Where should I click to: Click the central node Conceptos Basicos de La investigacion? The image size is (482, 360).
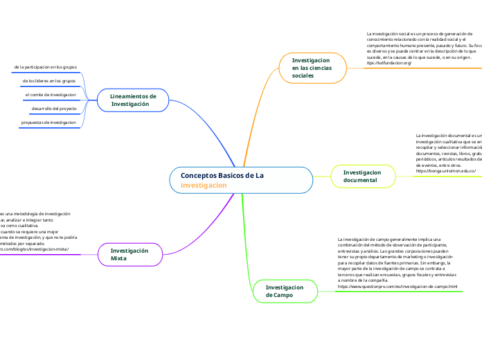point(240,180)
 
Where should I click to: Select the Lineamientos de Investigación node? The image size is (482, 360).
point(133,100)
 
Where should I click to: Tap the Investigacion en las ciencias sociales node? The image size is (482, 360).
point(312,68)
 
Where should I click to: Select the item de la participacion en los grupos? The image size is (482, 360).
point(45,67)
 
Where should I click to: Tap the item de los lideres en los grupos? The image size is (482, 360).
point(49,81)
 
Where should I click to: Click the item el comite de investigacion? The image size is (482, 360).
point(51,95)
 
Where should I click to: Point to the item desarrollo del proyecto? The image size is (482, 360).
point(54,109)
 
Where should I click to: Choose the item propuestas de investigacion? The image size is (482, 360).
point(48,123)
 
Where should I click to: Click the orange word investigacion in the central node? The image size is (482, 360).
point(204,186)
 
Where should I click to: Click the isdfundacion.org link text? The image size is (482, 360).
point(389,63)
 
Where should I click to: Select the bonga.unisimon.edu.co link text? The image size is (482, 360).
point(445,170)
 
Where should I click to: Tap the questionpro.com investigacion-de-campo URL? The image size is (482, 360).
point(397,286)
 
